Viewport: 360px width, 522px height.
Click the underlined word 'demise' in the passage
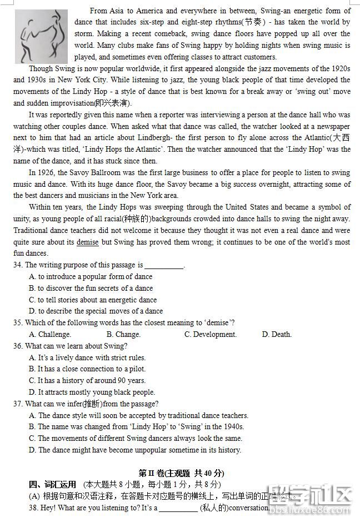(88, 242)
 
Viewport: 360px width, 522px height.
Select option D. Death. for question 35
(277, 335)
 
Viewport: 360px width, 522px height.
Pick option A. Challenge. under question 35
(50, 335)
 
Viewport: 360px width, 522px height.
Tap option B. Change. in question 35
(123, 335)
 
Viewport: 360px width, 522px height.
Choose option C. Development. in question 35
(211, 335)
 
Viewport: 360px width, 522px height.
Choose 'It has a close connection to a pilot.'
(87, 369)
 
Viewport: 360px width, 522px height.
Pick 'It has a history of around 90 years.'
(87, 381)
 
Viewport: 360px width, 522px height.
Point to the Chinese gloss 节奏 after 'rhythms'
(247, 22)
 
